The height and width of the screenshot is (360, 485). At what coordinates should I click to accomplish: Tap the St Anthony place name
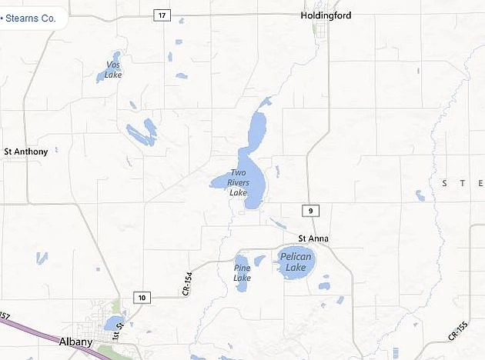pos(25,152)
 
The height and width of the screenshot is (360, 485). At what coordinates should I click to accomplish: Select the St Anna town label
pos(313,239)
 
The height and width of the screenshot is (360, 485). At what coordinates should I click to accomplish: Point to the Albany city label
pos(75,342)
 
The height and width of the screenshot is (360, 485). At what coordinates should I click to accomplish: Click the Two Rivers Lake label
pos(239,182)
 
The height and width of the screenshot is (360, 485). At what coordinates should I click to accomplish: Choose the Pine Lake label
pos(242,272)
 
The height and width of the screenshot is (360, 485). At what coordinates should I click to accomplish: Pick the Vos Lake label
pos(113,69)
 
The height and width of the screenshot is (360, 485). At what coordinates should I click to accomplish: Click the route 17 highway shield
pos(160,15)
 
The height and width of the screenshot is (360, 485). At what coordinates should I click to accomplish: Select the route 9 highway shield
pos(308,210)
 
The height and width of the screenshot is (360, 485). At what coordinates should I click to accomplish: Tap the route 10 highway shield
pos(142,297)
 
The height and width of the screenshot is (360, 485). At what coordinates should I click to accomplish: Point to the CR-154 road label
pos(186,284)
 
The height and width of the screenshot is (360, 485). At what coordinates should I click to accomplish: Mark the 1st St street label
pos(119,332)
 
